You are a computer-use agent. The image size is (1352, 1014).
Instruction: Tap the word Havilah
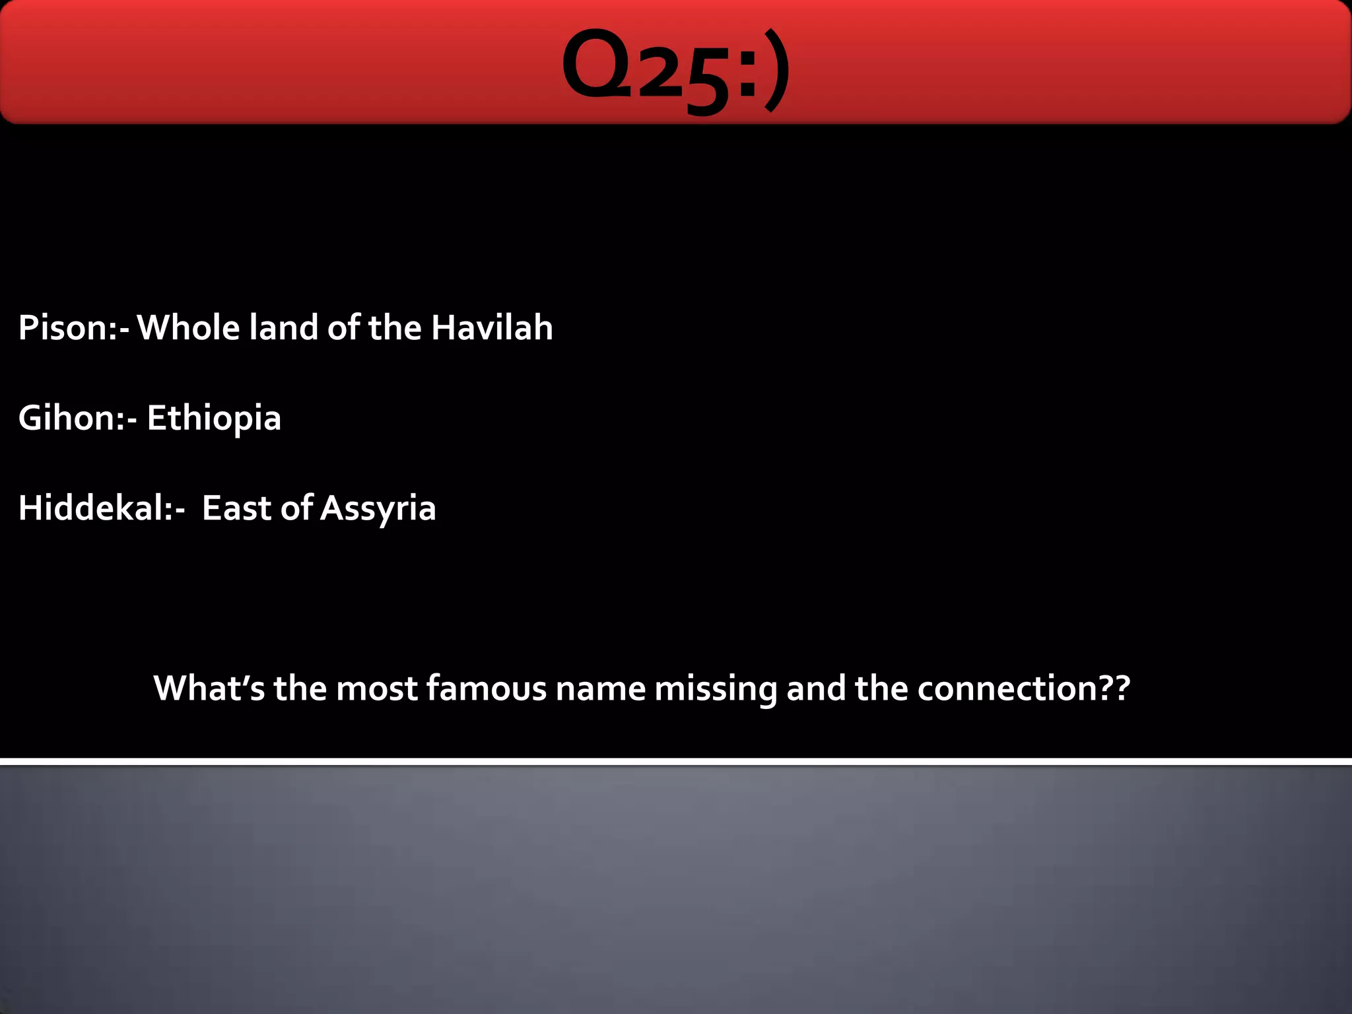click(x=492, y=327)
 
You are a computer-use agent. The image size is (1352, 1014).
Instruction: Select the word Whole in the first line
click(x=188, y=327)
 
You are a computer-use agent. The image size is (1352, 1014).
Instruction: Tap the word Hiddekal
click(x=95, y=508)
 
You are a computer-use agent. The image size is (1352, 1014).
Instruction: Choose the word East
click(x=237, y=508)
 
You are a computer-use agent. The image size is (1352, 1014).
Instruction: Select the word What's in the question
click(x=209, y=688)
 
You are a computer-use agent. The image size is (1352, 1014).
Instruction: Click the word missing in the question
click(x=716, y=689)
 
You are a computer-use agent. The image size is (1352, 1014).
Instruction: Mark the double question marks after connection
click(x=1114, y=688)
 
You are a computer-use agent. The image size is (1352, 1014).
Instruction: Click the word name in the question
click(x=601, y=688)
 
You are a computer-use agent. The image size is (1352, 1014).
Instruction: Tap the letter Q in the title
click(x=596, y=66)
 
